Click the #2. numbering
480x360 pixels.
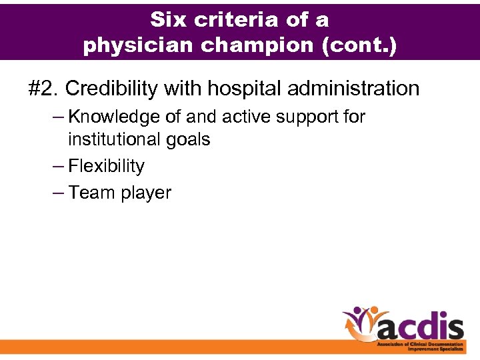tap(44, 88)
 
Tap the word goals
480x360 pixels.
tap(189, 141)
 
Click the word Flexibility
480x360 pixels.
tap(106, 166)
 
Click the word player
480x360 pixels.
tap(145, 193)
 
